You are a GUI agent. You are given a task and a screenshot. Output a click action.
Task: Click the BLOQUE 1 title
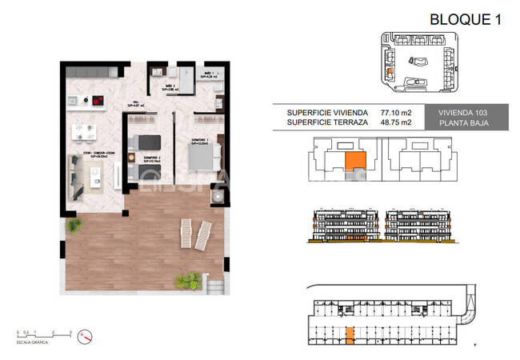(x=465, y=19)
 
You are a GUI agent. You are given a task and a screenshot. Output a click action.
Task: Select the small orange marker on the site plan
(x=390, y=71)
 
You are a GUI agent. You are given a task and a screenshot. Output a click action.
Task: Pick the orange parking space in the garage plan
(x=349, y=338)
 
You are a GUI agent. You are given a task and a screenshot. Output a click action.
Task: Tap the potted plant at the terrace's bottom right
(x=190, y=280)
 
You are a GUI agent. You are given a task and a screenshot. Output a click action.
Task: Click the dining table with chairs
(x=83, y=130)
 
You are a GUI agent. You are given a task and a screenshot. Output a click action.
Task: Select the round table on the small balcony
(x=217, y=194)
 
